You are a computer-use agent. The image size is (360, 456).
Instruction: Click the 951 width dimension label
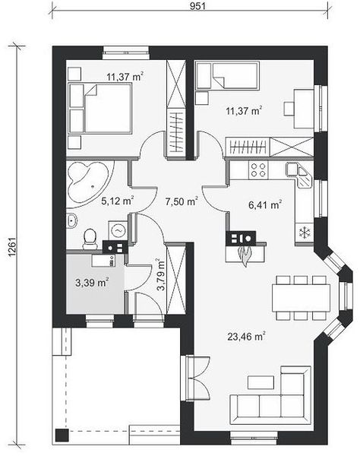click(197, 6)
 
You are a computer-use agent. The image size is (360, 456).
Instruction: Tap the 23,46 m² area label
click(246, 337)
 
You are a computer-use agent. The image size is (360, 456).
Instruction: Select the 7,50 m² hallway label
click(182, 201)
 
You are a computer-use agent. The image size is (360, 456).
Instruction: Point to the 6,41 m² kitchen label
click(265, 204)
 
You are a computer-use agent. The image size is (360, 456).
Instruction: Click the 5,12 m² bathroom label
click(118, 201)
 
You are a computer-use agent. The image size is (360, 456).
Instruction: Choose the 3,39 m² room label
click(92, 282)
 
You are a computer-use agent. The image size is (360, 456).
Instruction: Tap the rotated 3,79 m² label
click(161, 275)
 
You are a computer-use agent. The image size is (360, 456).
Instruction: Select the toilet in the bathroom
click(90, 239)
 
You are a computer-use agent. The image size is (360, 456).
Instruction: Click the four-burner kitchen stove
click(258, 170)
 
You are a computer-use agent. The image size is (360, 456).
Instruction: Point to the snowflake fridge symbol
click(305, 232)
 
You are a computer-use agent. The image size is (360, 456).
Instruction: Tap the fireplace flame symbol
click(245, 255)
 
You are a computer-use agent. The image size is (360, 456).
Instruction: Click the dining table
click(301, 297)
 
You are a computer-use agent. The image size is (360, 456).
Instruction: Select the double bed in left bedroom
click(100, 108)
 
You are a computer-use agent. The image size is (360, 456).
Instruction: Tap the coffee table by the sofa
click(261, 382)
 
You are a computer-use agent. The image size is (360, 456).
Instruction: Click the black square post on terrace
click(62, 435)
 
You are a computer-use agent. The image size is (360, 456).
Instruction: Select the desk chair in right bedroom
click(289, 109)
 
